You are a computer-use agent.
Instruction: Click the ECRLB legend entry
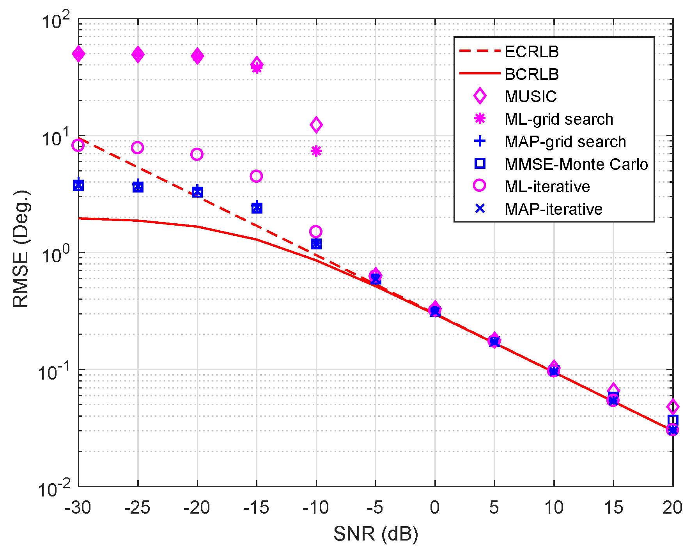click(x=531, y=52)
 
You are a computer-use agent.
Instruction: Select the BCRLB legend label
click(x=531, y=74)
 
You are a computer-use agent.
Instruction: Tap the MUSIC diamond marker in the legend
click(x=480, y=96)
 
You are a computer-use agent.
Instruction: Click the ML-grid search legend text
click(x=558, y=119)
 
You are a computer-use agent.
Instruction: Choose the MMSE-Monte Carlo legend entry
click(x=576, y=164)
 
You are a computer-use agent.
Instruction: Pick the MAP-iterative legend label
click(x=553, y=209)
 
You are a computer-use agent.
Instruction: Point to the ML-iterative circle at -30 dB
click(x=78, y=145)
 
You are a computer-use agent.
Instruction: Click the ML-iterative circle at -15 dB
click(x=256, y=176)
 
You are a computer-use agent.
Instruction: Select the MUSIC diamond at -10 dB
click(x=316, y=125)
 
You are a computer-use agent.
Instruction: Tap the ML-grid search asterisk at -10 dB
click(x=316, y=151)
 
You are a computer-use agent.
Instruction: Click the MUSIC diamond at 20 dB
click(x=672, y=407)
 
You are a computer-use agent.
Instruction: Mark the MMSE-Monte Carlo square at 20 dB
click(x=672, y=420)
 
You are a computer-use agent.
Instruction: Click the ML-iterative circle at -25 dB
click(x=137, y=148)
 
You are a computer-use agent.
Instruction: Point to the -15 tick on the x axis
click(x=256, y=507)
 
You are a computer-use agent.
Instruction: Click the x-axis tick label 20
click(x=672, y=507)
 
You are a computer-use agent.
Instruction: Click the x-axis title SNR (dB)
click(x=376, y=534)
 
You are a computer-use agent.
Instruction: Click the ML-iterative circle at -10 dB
click(x=316, y=231)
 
